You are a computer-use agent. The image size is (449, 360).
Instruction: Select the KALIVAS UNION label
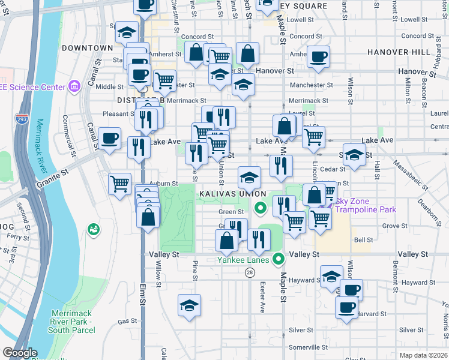(x=232, y=194)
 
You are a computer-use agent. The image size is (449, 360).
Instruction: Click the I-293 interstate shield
(x=23, y=119)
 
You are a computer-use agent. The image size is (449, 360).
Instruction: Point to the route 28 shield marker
(x=249, y=272)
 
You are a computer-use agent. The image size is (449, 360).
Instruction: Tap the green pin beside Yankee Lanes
(x=278, y=259)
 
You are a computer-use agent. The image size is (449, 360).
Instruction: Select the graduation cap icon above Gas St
(x=189, y=305)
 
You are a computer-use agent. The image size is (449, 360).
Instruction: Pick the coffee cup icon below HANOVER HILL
(x=318, y=57)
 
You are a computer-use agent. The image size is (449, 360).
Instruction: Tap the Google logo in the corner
(x=20, y=353)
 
